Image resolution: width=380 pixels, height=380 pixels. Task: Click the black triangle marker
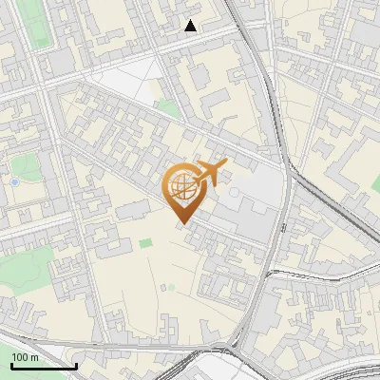(191, 26)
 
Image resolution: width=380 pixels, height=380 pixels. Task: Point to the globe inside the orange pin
(180, 187)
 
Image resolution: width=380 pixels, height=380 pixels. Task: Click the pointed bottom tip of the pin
(181, 223)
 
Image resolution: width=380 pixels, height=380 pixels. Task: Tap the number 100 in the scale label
(20, 357)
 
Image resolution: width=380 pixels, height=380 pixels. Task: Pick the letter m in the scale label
(34, 357)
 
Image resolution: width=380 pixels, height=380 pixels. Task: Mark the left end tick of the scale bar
(12, 364)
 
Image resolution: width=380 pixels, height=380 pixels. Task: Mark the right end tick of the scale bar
(76, 364)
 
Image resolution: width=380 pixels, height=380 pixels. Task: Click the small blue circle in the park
(15, 180)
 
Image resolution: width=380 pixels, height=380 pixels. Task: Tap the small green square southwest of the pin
(145, 243)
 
